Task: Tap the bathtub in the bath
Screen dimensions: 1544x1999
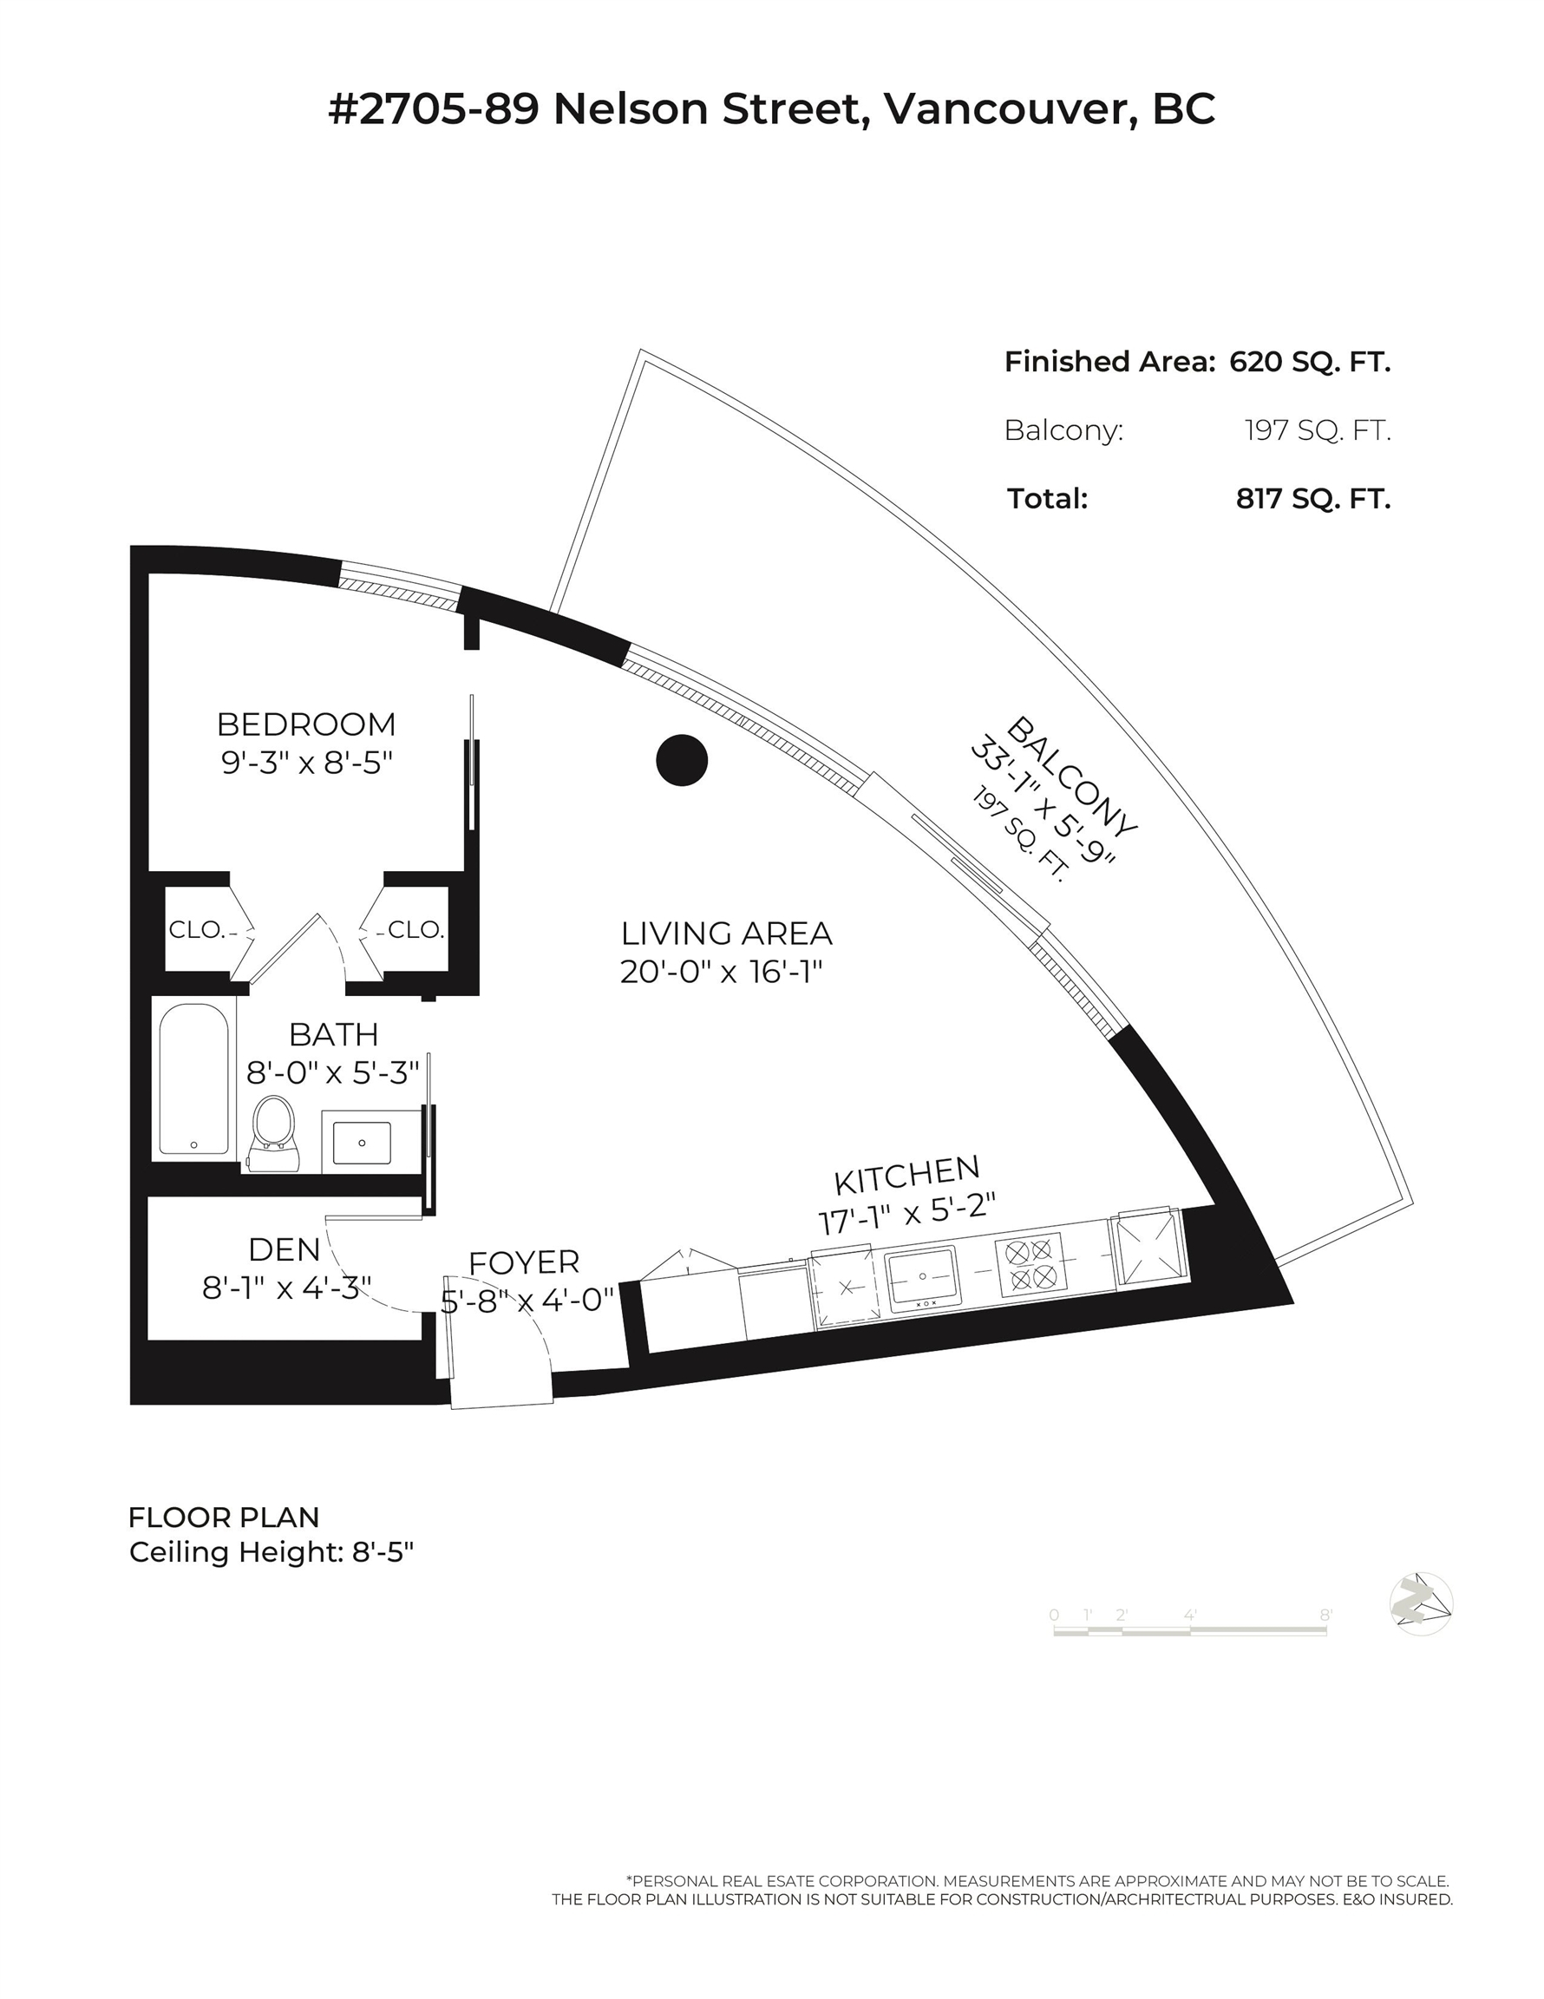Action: point(193,1080)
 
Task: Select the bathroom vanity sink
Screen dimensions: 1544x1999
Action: point(362,1144)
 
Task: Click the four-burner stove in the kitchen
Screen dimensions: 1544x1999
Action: point(1031,1264)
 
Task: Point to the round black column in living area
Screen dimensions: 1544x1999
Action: point(682,760)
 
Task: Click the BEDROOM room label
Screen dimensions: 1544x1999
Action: point(306,724)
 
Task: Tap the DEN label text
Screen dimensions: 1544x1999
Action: point(285,1249)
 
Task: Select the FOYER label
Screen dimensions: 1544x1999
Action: point(525,1262)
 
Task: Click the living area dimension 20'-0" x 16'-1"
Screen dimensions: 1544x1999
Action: point(722,972)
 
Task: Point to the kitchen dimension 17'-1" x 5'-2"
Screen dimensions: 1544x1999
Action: point(906,1213)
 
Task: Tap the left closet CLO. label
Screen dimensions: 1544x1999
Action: point(197,930)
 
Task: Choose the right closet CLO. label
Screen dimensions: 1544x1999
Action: point(416,930)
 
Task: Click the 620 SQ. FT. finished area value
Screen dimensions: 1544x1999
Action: point(1310,362)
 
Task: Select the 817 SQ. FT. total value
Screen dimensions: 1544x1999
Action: point(1313,499)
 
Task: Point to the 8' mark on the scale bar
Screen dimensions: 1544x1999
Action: point(1325,1616)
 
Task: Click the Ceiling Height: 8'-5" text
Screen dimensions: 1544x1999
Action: point(272,1552)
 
